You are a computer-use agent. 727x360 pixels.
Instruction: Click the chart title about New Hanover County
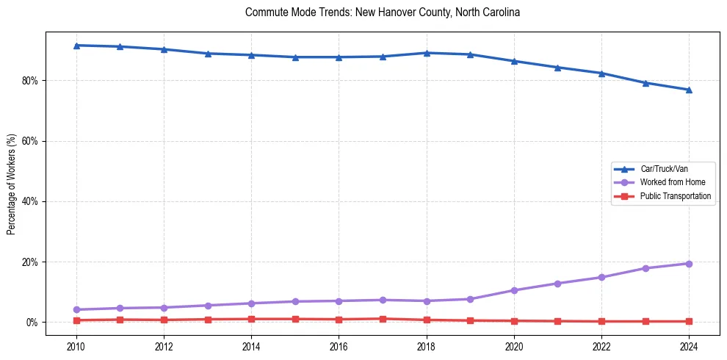(383, 12)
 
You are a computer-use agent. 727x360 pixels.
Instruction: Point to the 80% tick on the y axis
(30, 80)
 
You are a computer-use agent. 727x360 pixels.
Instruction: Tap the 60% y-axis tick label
(30, 141)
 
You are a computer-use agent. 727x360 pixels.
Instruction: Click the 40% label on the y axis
(30, 201)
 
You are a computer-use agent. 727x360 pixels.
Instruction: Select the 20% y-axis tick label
(30, 262)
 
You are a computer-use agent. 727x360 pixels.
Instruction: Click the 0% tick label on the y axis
(32, 323)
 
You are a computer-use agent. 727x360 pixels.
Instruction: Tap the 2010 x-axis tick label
(76, 345)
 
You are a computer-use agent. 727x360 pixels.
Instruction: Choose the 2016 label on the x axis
(339, 345)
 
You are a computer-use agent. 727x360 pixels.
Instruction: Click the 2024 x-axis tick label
(689, 345)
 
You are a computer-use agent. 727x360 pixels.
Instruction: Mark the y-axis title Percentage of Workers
(12, 184)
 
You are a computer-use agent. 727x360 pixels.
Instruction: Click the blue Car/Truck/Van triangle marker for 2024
(689, 90)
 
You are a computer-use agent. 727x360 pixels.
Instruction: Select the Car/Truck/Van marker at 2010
(76, 46)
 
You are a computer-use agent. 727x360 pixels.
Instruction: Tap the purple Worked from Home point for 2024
(689, 264)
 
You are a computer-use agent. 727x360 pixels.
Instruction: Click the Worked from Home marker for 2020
(514, 290)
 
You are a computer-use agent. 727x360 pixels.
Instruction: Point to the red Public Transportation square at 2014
(251, 319)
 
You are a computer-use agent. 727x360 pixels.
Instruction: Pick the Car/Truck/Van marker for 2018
(426, 53)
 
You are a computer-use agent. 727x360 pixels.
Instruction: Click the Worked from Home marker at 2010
(76, 309)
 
